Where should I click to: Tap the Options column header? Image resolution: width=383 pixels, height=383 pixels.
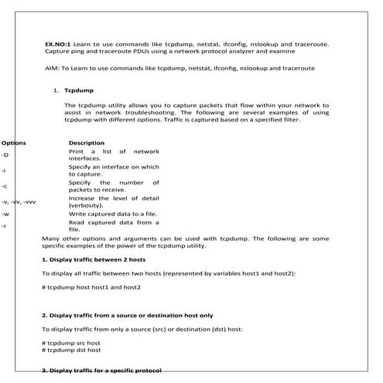click(13, 143)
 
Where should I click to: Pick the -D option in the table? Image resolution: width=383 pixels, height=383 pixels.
click(5, 155)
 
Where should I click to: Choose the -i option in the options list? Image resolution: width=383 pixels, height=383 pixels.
click(5, 170)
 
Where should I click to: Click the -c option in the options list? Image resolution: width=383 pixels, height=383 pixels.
click(5, 186)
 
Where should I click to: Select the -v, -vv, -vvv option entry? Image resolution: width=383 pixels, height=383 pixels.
click(19, 201)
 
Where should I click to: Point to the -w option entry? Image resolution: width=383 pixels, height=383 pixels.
click(5, 214)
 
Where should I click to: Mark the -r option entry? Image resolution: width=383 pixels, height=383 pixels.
click(5, 226)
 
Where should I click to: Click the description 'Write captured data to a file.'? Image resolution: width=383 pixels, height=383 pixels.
click(110, 213)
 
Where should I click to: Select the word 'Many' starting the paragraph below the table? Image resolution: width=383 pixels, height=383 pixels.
click(50, 238)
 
